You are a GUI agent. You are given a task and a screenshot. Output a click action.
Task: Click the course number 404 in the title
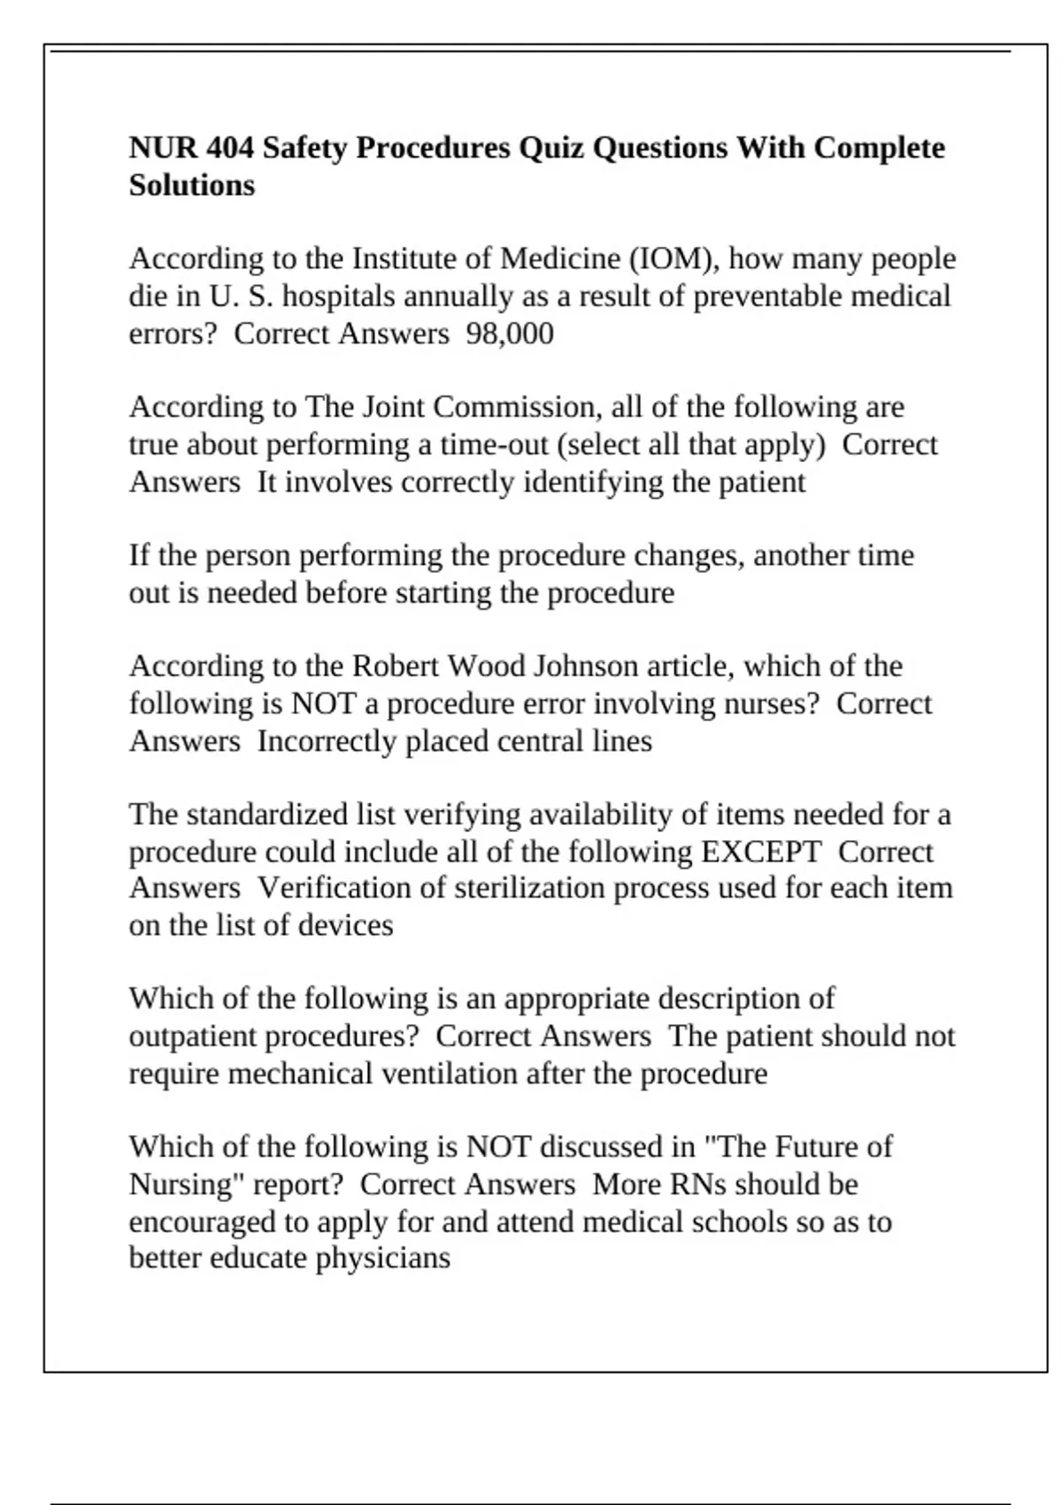(x=229, y=147)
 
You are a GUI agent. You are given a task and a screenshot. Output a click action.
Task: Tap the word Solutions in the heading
(x=192, y=185)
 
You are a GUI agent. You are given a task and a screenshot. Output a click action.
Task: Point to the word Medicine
(x=560, y=259)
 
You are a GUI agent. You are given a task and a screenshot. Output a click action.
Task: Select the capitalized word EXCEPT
(x=761, y=852)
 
